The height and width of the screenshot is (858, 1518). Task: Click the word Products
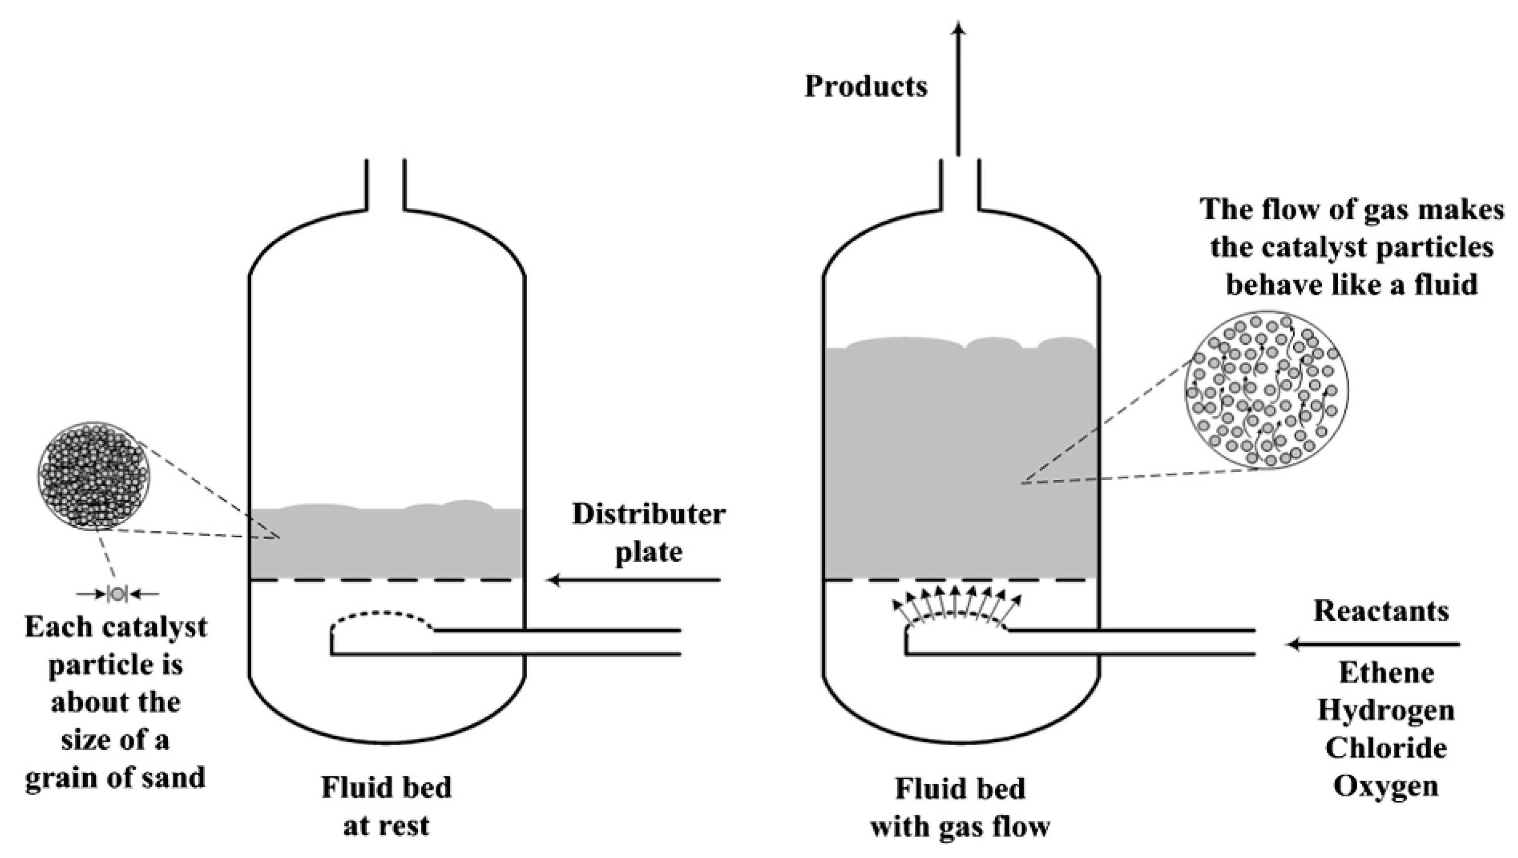tap(866, 87)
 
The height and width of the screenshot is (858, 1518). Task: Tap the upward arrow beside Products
tap(959, 88)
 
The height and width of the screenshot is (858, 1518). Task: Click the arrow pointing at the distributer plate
tap(634, 581)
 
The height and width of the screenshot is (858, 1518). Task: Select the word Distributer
tap(648, 514)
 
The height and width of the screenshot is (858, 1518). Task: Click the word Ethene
tap(1386, 673)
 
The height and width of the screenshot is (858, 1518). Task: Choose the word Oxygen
tap(1386, 786)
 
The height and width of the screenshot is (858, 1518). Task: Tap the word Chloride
tap(1386, 748)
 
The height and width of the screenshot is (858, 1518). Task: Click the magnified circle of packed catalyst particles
tap(94, 475)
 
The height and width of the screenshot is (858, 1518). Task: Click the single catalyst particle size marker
tap(117, 594)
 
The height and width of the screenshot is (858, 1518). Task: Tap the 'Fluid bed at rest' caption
tap(386, 806)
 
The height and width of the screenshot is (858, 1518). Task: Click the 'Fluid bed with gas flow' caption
tap(960, 807)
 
